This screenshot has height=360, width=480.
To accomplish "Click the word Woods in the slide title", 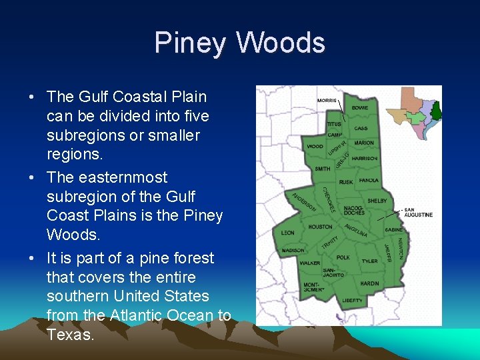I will click(280, 43).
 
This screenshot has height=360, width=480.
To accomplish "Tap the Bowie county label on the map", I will click(360, 108).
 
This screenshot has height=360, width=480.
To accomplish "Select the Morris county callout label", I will click(326, 101).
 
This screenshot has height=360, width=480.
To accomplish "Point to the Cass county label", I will click(361, 128).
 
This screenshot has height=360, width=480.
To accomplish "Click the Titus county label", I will click(334, 124).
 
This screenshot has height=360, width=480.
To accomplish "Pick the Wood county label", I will click(315, 146).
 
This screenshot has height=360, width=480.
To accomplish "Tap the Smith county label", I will click(322, 169).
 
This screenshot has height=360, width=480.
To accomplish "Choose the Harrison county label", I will click(365, 159).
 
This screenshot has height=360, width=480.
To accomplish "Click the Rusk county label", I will click(346, 181).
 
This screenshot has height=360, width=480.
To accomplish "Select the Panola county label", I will click(369, 181).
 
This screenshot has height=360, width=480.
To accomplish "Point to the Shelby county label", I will click(377, 201).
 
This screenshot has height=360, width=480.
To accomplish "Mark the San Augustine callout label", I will click(419, 213).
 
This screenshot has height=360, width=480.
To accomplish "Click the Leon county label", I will click(287, 233).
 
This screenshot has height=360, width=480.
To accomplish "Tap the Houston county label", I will click(320, 227).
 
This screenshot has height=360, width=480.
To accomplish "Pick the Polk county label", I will click(343, 257).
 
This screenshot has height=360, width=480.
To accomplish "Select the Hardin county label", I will click(369, 283).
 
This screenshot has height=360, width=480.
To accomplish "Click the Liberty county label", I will click(353, 301).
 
